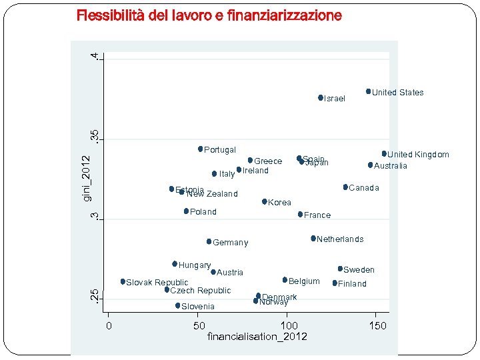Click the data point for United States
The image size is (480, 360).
pyautogui.click(x=368, y=91)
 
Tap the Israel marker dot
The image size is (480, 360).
pyautogui.click(x=321, y=97)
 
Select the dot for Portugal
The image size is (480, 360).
pyautogui.click(x=200, y=149)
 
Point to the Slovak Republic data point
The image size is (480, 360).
pyautogui.click(x=123, y=281)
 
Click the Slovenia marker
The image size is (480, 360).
pyautogui.click(x=178, y=305)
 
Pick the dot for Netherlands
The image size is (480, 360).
pyautogui.click(x=313, y=238)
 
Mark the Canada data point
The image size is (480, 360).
pyautogui.click(x=345, y=187)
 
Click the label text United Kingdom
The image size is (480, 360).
pyautogui.click(x=419, y=155)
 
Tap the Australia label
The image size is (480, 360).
pyautogui.click(x=391, y=165)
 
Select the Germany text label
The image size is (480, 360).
pyautogui.click(x=231, y=243)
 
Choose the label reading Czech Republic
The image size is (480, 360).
pyautogui.click(x=201, y=291)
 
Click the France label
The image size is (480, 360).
pyautogui.click(x=317, y=215)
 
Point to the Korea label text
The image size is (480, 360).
pyautogui.click(x=279, y=203)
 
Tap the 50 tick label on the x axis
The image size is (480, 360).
pyautogui.click(x=199, y=325)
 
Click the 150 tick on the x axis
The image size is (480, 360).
pyautogui.click(x=378, y=325)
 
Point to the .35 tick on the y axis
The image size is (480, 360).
pyautogui.click(x=95, y=137)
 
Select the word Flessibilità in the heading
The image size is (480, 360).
pyautogui.click(x=109, y=15)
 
